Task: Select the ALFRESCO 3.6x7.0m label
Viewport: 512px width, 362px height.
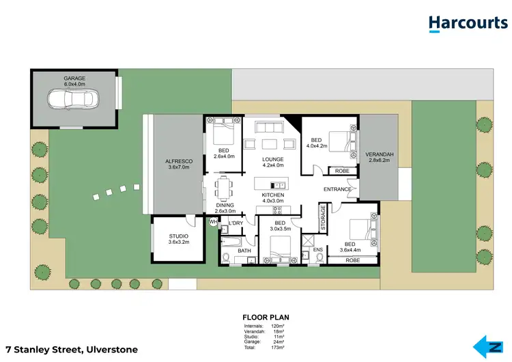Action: [x=180, y=165]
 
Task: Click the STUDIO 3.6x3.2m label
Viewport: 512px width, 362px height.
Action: [x=178, y=239]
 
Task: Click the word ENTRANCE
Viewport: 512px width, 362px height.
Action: [x=337, y=189]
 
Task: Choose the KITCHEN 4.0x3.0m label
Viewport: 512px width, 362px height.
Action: [x=272, y=197]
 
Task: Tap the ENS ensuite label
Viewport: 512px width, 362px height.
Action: [x=317, y=250]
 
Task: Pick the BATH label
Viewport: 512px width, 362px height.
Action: [x=244, y=251]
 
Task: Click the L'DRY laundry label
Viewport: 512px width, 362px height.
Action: [x=236, y=223]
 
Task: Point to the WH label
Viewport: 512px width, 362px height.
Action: [x=213, y=221]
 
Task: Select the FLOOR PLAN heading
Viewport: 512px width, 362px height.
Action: [x=266, y=318]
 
